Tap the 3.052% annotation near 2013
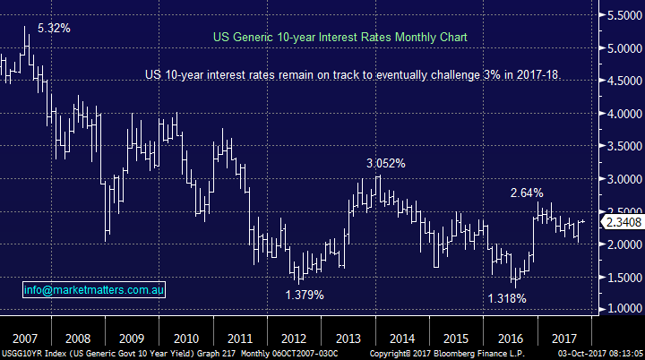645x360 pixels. click(x=385, y=164)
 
